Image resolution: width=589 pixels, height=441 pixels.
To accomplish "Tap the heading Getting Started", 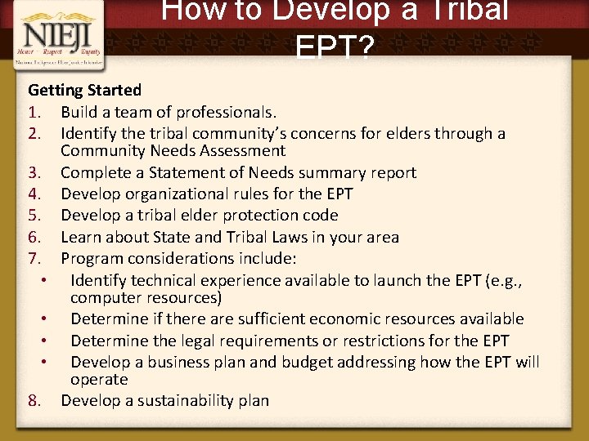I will (84, 90).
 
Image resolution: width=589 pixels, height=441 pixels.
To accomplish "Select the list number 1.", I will (34, 112).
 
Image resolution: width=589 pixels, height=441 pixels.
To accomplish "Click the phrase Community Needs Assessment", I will (173, 151).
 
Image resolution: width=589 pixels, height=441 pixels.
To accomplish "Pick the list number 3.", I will (34, 172).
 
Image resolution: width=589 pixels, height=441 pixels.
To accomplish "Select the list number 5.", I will (34, 216).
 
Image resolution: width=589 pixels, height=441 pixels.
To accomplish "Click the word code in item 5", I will (321, 216).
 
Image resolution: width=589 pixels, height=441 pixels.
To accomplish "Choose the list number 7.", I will (34, 259).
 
